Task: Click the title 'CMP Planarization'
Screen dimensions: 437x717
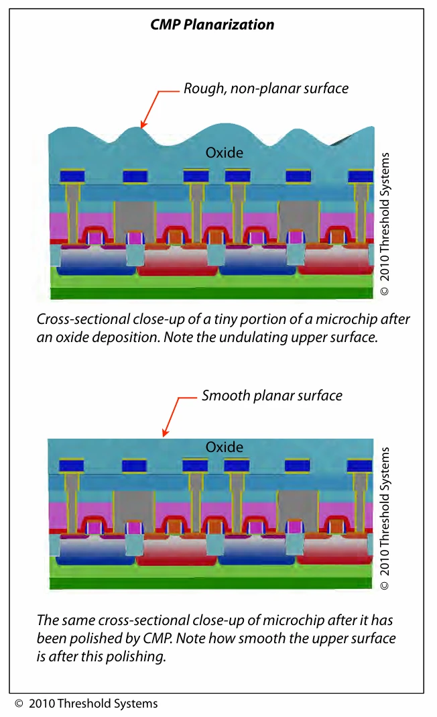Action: pyautogui.click(x=212, y=25)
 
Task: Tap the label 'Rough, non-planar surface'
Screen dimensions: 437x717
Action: pyautogui.click(x=266, y=89)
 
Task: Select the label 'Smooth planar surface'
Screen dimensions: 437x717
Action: pyautogui.click(x=272, y=396)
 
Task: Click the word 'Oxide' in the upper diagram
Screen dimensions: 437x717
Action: pyautogui.click(x=225, y=152)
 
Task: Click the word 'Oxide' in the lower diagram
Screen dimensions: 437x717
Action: pyautogui.click(x=225, y=447)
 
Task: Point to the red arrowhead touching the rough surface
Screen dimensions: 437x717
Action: pyautogui.click(x=143, y=124)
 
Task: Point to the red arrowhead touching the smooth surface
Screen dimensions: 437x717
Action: pyautogui.click(x=165, y=433)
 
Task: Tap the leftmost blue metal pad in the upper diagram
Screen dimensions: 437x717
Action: pyautogui.click(x=72, y=176)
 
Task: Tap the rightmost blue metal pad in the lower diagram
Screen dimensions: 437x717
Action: pyautogui.click(x=360, y=466)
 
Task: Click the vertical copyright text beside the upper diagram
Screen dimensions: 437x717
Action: pyautogui.click(x=385, y=224)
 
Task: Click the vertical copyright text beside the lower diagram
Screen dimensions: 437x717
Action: pyautogui.click(x=385, y=518)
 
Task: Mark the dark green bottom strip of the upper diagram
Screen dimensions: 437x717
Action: pyautogui.click(x=212, y=293)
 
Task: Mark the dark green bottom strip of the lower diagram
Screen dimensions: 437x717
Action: pyautogui.click(x=210, y=583)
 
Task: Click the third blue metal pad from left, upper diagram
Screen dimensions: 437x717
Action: pyautogui.click(x=196, y=176)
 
